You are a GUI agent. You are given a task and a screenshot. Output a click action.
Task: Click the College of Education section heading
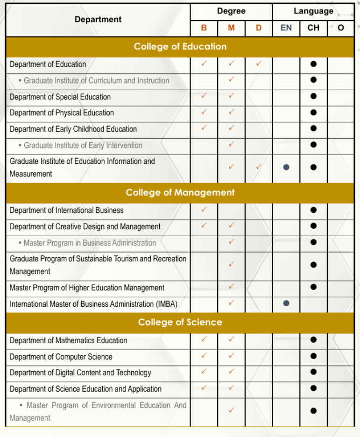[x=180, y=47]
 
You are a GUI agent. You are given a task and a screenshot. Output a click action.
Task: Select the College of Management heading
[x=180, y=192]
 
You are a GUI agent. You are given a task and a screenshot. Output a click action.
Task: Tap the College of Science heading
[x=180, y=322]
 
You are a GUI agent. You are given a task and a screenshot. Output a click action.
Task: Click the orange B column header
[x=204, y=28]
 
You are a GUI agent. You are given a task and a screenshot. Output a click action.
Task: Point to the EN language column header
[x=286, y=28]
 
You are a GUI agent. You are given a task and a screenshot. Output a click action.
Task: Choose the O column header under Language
[x=340, y=28]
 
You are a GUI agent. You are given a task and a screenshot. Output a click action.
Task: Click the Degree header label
[x=231, y=11]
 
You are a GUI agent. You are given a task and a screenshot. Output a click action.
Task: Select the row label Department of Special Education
[x=60, y=97]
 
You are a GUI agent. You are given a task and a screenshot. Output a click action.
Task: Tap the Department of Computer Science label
[x=61, y=357]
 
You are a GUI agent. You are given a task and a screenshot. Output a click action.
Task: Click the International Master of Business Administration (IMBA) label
[x=93, y=304]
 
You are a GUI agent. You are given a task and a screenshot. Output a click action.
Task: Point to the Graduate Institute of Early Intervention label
[x=83, y=145]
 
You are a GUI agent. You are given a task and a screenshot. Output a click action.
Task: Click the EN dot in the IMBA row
[x=286, y=303]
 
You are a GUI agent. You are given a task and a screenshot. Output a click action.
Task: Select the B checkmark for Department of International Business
[x=204, y=210]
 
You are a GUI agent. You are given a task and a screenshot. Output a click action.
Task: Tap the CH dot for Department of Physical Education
[x=314, y=113]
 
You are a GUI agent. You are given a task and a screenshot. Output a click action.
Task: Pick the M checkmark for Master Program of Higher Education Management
[x=231, y=287]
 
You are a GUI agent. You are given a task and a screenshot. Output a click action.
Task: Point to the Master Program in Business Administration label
[x=90, y=243]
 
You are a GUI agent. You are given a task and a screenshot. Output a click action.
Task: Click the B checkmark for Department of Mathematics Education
[x=204, y=340]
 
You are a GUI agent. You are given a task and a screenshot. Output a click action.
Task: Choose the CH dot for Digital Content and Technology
[x=314, y=372]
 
